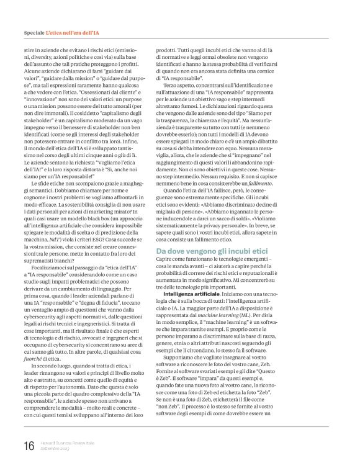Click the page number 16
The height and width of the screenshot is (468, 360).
click(x=29, y=446)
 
